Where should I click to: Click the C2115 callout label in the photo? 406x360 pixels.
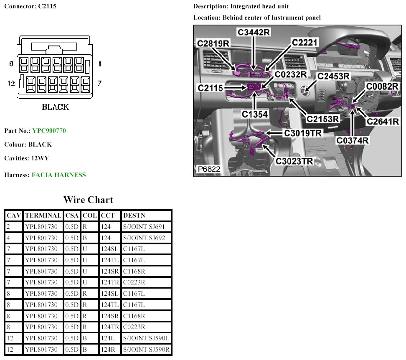[211, 88]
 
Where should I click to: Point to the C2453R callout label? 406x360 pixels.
[333, 76]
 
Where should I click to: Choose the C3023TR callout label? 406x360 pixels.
[294, 161]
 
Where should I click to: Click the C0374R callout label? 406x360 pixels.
[353, 140]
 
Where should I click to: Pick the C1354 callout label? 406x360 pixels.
[254, 113]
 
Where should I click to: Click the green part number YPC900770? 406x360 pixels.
[49, 131]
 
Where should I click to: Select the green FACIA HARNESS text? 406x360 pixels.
[58, 175]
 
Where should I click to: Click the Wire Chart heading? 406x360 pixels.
[88, 200]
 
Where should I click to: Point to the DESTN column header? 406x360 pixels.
[134, 216]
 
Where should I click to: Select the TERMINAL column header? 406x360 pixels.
[43, 216]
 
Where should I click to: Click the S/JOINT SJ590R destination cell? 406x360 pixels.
[147, 350]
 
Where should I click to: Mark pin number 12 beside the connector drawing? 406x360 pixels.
[11, 83]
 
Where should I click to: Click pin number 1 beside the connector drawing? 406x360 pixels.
[100, 64]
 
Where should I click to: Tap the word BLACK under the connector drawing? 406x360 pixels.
[55, 107]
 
